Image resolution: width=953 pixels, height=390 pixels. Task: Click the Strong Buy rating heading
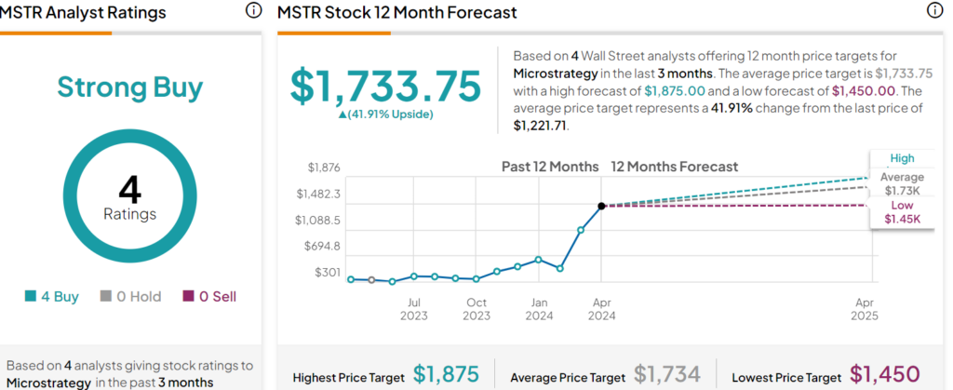click(130, 87)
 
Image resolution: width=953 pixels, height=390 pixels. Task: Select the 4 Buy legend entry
click(52, 297)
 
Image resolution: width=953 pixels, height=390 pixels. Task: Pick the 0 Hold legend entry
click(130, 297)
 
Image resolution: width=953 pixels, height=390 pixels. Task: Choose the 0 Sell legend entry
click(209, 297)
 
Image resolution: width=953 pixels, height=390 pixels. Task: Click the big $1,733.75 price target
click(385, 86)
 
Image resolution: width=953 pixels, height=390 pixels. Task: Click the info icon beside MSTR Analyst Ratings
click(253, 11)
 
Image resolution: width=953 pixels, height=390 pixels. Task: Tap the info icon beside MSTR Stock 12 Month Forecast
click(934, 11)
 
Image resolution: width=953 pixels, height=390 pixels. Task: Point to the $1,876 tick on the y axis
click(325, 168)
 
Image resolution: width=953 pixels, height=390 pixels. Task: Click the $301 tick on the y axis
click(328, 273)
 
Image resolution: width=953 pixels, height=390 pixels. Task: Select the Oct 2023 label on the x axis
click(476, 309)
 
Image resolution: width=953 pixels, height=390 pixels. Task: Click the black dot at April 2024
click(601, 206)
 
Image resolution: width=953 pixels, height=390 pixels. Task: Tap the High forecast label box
click(902, 158)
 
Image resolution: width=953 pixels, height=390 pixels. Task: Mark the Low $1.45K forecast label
click(902, 212)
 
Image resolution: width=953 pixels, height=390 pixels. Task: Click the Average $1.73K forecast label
click(902, 184)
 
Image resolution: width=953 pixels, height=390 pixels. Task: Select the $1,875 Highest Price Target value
click(446, 375)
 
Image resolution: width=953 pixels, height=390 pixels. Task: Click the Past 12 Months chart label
click(550, 167)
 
